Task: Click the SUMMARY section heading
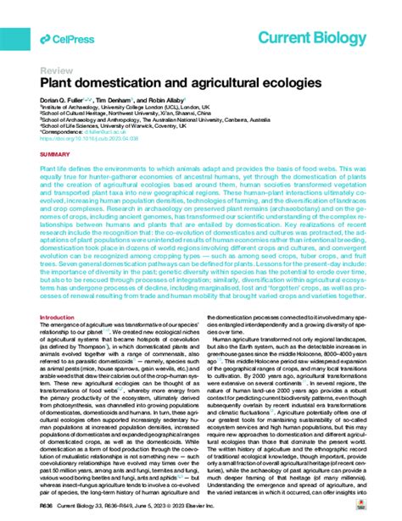(55, 155)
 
